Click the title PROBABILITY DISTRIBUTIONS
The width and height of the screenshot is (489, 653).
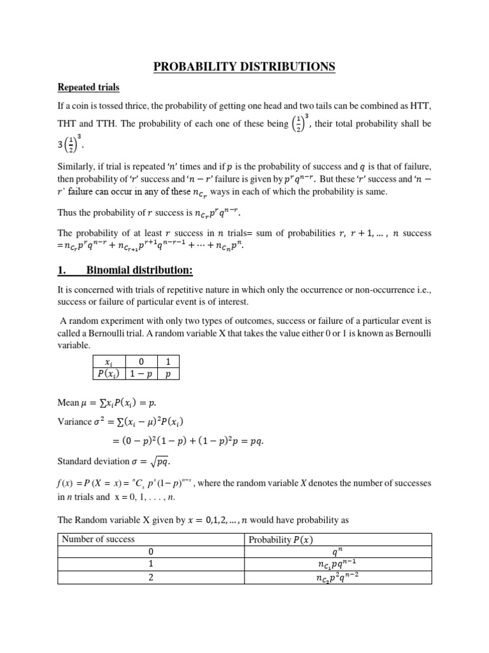tap(244, 66)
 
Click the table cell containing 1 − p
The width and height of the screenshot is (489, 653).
tap(141, 375)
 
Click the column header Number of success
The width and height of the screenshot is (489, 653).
tap(98, 539)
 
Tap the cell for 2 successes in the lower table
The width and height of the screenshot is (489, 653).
tap(150, 578)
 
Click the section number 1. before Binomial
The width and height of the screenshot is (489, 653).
tap(62, 270)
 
